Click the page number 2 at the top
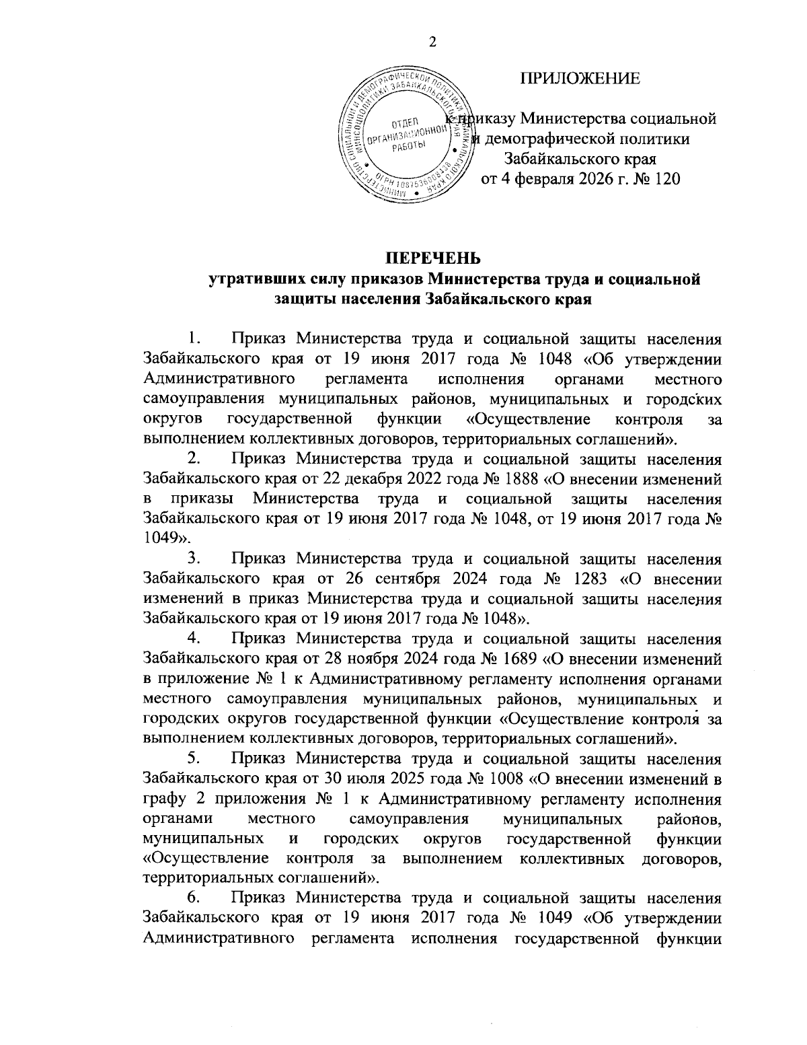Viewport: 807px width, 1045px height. [432, 42]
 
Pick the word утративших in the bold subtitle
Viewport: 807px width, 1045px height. [247, 279]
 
